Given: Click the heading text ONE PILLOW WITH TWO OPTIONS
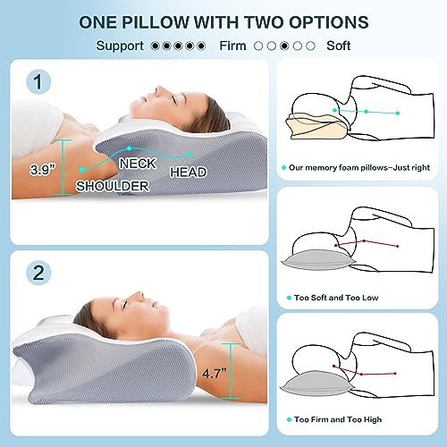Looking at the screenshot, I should tap(223, 20).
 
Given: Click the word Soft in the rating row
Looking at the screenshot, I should tap(338, 45).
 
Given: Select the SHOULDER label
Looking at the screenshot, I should tap(111, 186).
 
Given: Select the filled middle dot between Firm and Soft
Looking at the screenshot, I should tap(283, 45).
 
